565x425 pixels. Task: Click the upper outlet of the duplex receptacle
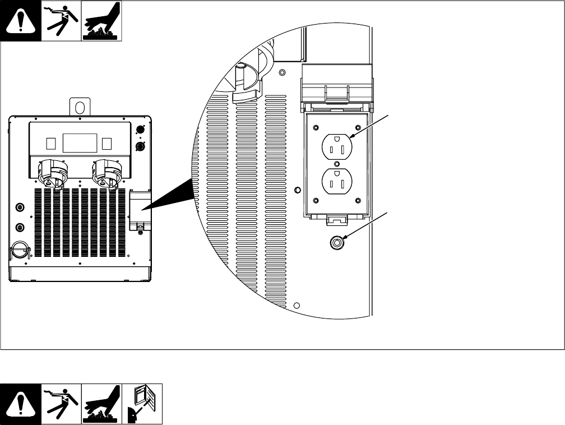click(336, 148)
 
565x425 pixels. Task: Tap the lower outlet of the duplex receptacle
click(336, 183)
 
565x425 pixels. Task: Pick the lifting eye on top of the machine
click(80, 106)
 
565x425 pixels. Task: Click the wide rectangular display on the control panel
click(79, 143)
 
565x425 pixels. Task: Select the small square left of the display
click(52, 143)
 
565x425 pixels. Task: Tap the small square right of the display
click(107, 143)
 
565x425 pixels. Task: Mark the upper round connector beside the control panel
click(141, 130)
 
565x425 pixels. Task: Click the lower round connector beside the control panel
click(141, 147)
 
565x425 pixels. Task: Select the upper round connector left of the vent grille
click(21, 207)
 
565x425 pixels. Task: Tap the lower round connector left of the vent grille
click(21, 228)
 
